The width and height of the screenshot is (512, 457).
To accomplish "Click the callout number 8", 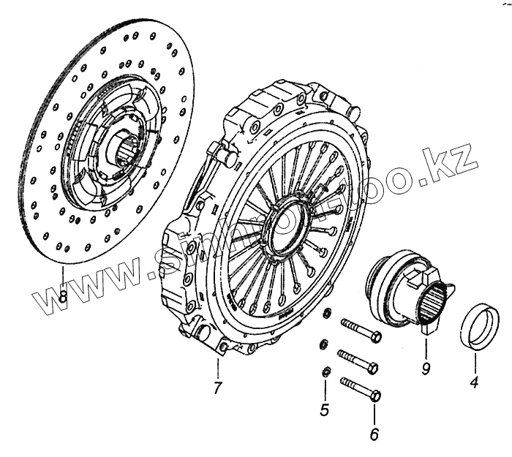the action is click(64, 298).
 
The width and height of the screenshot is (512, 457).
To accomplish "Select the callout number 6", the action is click(374, 435).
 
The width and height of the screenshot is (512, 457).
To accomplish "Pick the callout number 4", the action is click(474, 381).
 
